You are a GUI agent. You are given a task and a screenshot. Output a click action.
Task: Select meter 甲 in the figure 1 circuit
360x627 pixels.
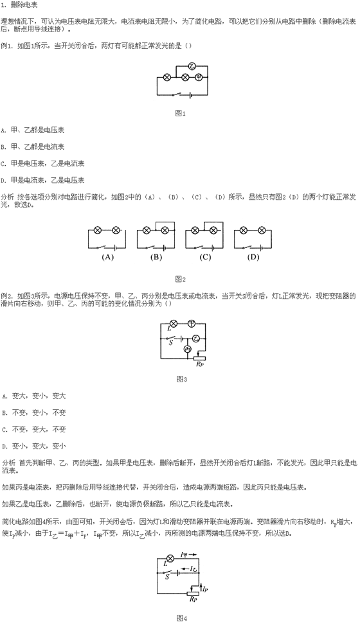[199, 78]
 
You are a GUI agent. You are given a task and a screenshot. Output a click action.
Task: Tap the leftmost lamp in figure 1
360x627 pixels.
[168, 78]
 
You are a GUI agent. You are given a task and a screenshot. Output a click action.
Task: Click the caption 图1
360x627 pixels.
[181, 113]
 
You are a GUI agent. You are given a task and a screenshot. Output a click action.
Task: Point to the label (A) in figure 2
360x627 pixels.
[107, 257]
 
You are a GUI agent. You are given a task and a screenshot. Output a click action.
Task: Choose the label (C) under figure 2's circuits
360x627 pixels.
[205, 257]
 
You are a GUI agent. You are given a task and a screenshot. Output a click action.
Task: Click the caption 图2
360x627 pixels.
[181, 279]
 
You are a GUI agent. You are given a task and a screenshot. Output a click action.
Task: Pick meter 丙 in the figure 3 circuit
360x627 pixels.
[187, 349]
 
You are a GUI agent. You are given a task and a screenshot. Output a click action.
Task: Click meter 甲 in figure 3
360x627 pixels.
[192, 323]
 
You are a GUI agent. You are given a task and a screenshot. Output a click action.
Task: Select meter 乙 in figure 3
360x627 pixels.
[195, 339]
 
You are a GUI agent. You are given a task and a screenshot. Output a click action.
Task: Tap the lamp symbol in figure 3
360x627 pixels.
[174, 323]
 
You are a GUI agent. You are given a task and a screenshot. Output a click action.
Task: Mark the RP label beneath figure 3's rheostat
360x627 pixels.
[199, 364]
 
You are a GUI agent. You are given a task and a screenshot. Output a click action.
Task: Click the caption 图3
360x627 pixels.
[181, 378]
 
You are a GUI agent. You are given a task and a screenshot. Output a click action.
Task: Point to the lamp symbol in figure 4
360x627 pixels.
[170, 558]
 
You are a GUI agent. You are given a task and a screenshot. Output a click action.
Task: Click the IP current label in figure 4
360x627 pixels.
[204, 589]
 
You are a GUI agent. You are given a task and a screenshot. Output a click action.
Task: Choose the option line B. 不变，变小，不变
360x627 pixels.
[34, 412]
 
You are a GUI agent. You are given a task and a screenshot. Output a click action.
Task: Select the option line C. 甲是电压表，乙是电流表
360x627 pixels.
[43, 164]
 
